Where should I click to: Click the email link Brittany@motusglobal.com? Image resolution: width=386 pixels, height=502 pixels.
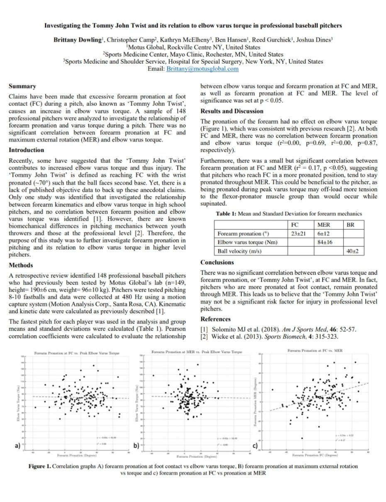tap(203, 69)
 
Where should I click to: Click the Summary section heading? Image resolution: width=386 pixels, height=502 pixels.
tap(22, 86)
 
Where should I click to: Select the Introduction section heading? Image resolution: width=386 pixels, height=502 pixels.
tap(27, 150)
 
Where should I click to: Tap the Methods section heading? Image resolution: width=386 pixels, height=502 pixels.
tap(21, 265)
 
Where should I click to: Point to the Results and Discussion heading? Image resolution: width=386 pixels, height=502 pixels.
tap(232, 111)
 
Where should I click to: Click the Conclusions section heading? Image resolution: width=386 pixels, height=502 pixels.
tap(217, 262)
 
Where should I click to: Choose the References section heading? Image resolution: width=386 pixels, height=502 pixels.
tap(215, 319)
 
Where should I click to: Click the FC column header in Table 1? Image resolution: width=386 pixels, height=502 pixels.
tap(296, 225)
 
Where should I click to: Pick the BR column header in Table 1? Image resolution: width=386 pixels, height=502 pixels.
tap(349, 225)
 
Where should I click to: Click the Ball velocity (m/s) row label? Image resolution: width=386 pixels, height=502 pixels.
tap(239, 251)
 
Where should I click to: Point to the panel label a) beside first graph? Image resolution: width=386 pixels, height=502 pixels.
tap(17, 446)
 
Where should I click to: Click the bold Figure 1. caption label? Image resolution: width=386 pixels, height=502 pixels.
tap(40, 466)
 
